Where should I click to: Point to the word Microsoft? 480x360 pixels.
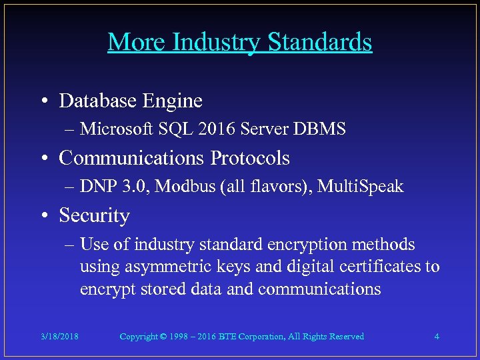point(116,129)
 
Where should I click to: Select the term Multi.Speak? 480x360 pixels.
point(361,187)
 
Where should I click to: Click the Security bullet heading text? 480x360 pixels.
point(94,216)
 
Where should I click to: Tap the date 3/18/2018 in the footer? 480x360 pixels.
point(59,337)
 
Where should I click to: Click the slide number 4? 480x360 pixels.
point(437,337)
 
